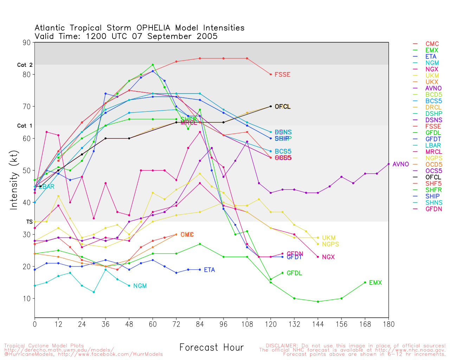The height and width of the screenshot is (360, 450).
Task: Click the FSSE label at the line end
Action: (282, 75)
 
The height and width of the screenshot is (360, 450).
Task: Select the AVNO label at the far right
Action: (400, 164)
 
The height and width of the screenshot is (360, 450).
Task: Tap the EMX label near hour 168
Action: (375, 283)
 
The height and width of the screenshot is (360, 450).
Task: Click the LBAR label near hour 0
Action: (46, 187)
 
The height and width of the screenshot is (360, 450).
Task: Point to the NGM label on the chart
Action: (140, 286)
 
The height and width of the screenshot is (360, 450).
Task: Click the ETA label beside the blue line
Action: (209, 270)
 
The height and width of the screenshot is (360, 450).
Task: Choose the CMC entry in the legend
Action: (432, 44)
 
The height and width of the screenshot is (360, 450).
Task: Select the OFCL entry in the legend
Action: (433, 177)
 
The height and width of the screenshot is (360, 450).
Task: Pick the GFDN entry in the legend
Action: (433, 209)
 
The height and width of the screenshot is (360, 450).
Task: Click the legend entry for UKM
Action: (432, 76)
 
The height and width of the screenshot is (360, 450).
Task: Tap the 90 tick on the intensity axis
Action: (27, 43)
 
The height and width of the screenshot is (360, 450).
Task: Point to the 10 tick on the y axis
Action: (27, 299)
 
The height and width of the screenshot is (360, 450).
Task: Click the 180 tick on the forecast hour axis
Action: (388, 324)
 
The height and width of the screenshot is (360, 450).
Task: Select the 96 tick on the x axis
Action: (224, 324)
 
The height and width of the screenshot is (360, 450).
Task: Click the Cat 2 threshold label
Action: (25, 65)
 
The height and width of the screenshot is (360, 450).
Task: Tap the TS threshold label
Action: (29, 222)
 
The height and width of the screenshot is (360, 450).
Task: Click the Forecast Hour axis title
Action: (211, 348)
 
